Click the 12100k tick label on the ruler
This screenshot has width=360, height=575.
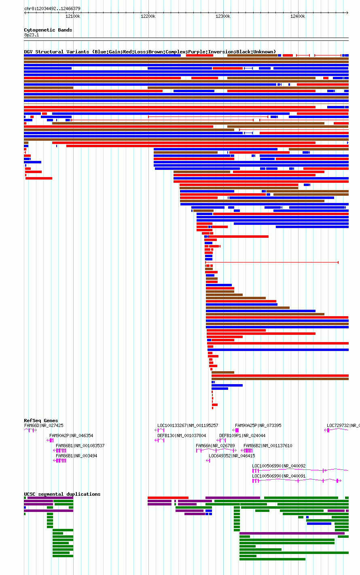point(73,17)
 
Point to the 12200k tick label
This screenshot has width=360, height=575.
point(148,17)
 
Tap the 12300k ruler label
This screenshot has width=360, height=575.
point(223,17)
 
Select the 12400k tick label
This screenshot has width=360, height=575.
point(298,17)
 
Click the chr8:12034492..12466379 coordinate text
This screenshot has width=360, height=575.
point(53,9)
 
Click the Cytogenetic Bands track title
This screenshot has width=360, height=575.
point(48,30)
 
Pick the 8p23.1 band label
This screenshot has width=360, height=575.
point(32,35)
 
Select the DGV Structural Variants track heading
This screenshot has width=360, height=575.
point(150,52)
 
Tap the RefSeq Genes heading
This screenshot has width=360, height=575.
point(41,421)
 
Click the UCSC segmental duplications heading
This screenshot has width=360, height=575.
point(62,494)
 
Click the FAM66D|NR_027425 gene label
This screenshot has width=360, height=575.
point(44,425)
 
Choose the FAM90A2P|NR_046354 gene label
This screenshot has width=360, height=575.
point(71,435)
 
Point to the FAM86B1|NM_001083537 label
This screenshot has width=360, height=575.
point(80,446)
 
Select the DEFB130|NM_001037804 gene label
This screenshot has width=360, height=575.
point(182,435)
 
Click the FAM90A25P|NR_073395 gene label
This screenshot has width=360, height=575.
point(258,425)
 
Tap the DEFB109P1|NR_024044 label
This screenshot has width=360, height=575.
point(242,435)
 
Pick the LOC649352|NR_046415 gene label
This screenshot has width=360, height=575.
point(232,456)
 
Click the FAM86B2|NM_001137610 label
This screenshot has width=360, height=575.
point(268,446)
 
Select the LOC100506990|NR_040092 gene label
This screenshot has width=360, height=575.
point(279,466)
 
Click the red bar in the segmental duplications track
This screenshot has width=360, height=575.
point(168,498)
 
